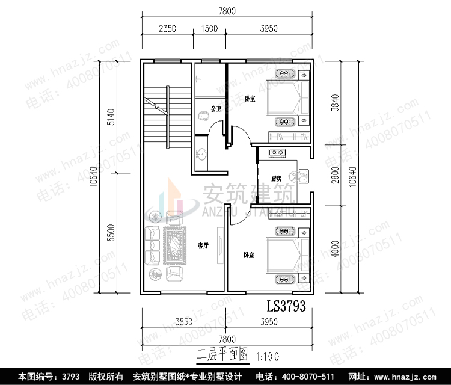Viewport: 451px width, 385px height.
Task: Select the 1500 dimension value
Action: coord(210,29)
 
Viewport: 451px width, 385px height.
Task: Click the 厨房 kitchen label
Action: coord(277,179)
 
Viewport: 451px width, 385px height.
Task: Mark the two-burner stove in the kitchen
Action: coord(278,153)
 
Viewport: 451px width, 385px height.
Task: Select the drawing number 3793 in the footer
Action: coord(71,377)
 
